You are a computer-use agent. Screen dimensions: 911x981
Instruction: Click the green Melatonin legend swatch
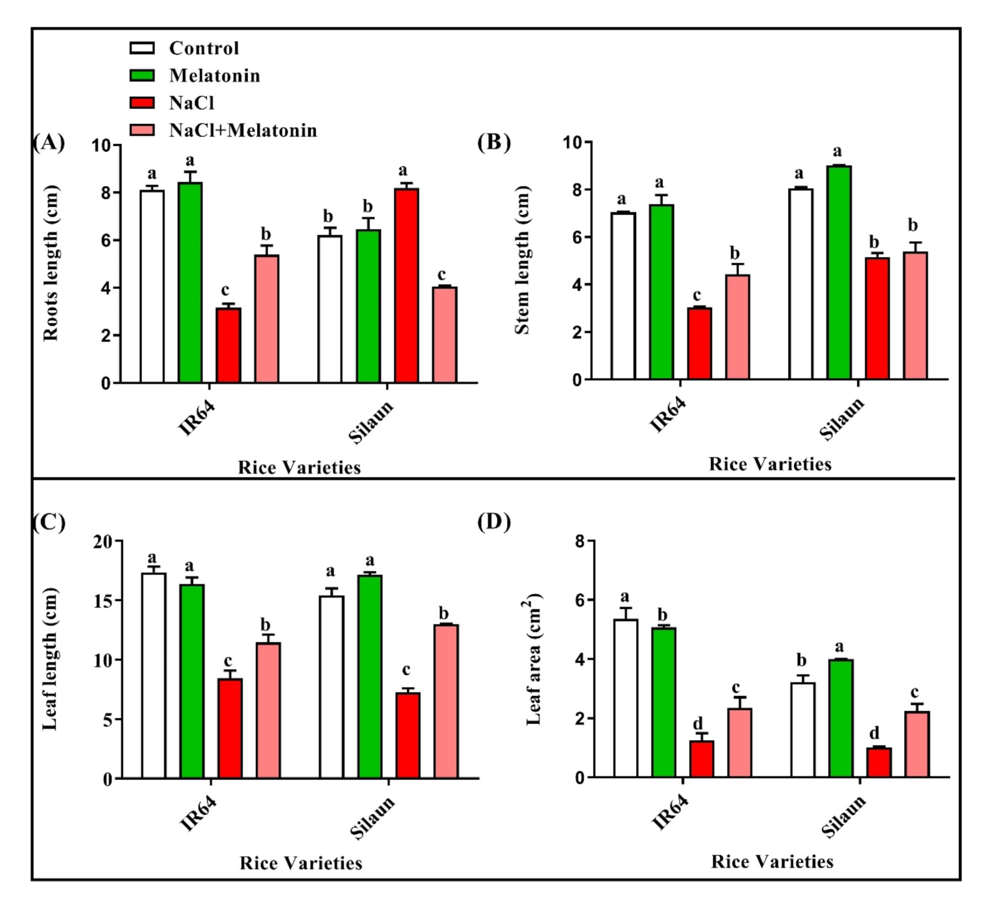point(142,75)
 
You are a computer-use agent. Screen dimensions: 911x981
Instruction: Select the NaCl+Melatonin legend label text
point(242,130)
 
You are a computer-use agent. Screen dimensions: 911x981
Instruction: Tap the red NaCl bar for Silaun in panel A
point(406,285)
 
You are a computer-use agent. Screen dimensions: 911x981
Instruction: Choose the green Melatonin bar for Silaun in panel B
point(839,273)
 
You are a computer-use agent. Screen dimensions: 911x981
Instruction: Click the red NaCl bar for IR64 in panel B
point(700,343)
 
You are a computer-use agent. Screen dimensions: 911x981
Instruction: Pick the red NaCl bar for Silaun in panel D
point(879,763)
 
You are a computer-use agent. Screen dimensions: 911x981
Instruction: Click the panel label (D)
point(493,522)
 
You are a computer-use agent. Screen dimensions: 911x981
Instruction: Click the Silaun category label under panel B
point(841,418)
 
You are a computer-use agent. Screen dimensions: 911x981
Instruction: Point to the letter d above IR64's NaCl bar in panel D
point(698,724)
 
